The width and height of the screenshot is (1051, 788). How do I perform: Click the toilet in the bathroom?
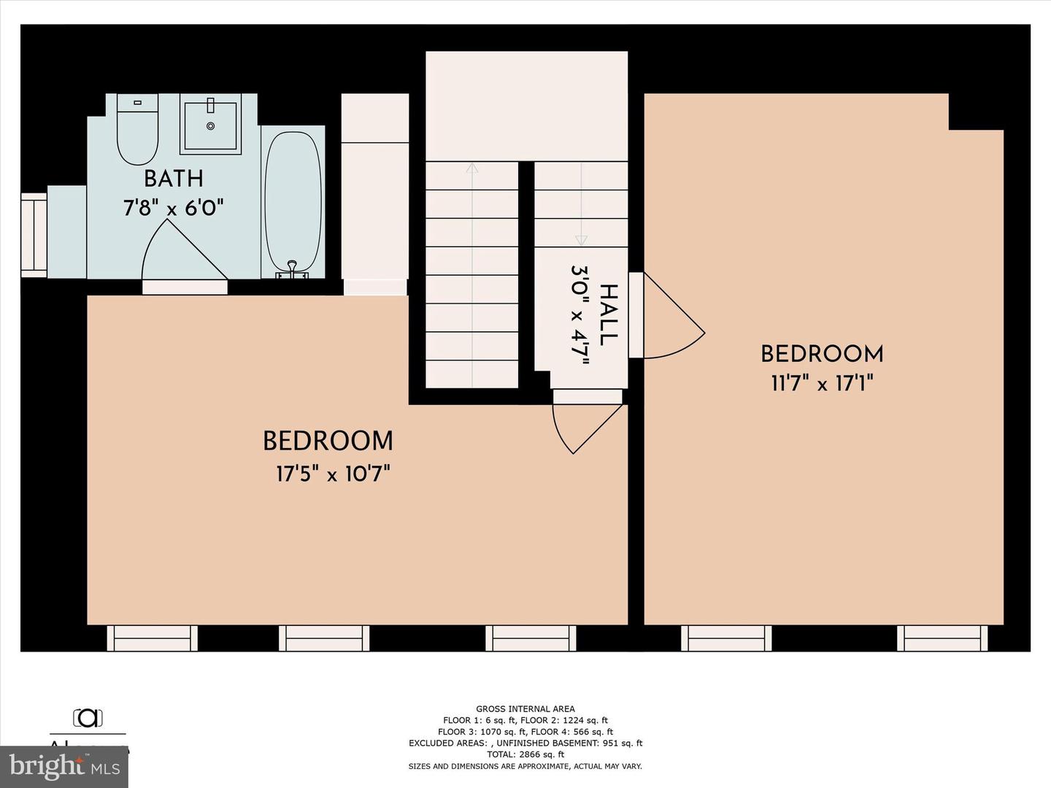pyautogui.click(x=137, y=131)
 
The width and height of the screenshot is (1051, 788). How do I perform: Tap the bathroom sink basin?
pyautogui.click(x=210, y=125)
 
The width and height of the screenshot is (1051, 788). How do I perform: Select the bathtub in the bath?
pyautogui.click(x=293, y=201)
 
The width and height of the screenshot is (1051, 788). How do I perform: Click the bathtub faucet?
pyautogui.click(x=292, y=269)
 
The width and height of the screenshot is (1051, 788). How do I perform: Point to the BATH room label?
pyautogui.click(x=173, y=179)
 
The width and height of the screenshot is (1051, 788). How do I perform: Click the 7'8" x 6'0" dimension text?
pyautogui.click(x=173, y=208)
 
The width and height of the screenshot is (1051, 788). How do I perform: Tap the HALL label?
pyautogui.click(x=607, y=315)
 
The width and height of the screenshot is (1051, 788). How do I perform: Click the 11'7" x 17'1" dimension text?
pyautogui.click(x=822, y=383)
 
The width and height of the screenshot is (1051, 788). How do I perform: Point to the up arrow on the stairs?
pyautogui.click(x=472, y=169)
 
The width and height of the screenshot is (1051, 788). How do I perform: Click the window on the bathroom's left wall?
pyautogui.click(x=34, y=235)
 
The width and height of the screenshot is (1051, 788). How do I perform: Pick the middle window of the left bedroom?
pyautogui.click(x=324, y=638)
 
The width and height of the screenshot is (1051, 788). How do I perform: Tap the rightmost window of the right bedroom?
pyautogui.click(x=942, y=638)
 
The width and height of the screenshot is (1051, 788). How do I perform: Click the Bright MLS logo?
pyautogui.click(x=64, y=766)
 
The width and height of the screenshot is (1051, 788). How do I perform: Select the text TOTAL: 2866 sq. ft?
pyautogui.click(x=525, y=754)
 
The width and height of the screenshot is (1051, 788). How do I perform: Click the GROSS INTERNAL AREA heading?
pyautogui.click(x=525, y=708)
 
